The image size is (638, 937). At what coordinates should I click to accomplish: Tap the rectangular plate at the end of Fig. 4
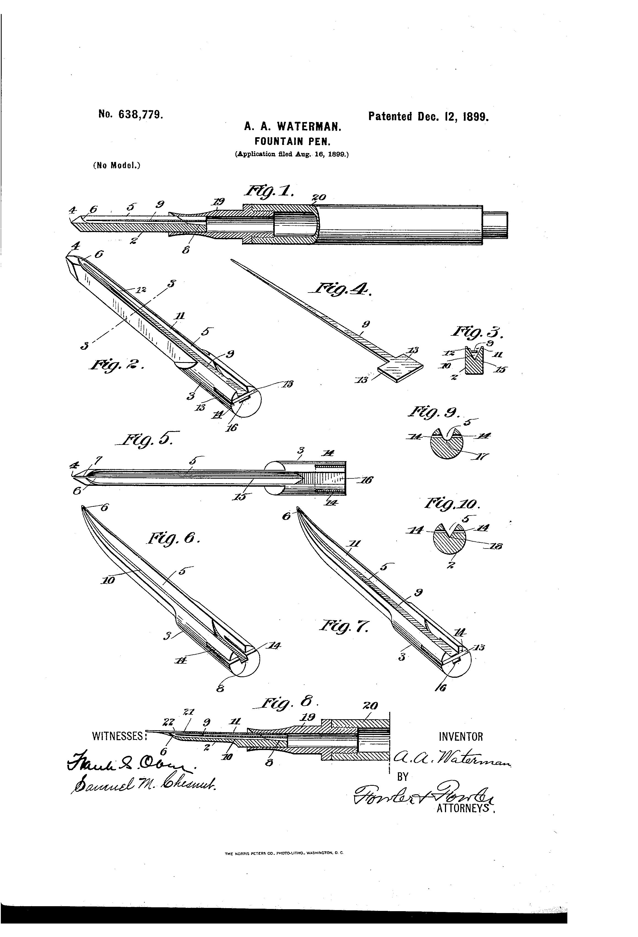click(400, 367)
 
